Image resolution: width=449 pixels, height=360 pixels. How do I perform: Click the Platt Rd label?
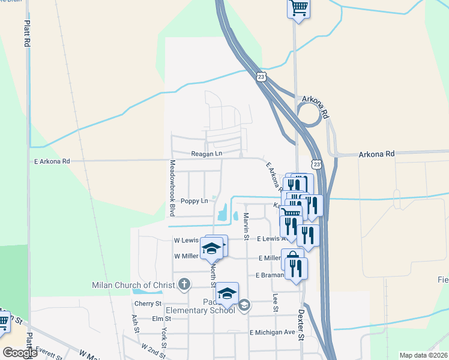[27, 34]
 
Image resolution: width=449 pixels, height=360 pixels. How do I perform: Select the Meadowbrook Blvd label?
[172, 188]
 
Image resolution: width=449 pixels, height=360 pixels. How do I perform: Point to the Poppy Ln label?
[194, 201]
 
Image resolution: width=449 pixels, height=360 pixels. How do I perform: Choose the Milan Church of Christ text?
[133, 284]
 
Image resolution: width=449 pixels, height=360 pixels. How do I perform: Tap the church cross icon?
[184, 284]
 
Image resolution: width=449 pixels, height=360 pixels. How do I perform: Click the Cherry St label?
[148, 304]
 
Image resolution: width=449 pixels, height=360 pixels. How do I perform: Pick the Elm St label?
[157, 319]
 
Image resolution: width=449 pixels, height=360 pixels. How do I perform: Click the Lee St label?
[275, 302]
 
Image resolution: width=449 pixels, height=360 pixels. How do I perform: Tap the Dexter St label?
[302, 324]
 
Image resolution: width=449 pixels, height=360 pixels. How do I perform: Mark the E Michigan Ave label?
[273, 332]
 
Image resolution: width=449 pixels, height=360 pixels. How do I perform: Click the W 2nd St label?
[154, 348]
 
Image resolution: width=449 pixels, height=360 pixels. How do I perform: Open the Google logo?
[20, 352]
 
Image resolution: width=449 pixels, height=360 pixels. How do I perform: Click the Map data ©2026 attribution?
[423, 355]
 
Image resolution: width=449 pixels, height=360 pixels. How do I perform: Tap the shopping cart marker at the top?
[298, 9]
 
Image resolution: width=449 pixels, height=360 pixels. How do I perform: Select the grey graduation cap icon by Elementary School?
[244, 306]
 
